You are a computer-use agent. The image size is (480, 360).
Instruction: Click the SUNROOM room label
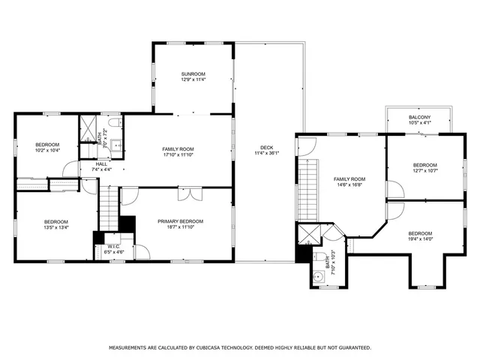click(193, 73)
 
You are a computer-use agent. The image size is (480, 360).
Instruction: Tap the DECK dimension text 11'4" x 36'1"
click(267, 153)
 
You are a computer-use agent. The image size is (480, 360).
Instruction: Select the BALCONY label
click(419, 118)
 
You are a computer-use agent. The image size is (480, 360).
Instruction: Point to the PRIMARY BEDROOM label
click(180, 221)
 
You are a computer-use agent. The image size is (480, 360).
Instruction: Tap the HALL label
click(101, 163)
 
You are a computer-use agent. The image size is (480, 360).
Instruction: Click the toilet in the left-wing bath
click(113, 121)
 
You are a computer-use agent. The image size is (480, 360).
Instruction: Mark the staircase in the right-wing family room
click(305, 190)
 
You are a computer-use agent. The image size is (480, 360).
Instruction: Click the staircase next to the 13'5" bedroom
click(110, 208)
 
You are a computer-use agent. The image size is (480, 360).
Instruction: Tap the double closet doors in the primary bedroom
click(187, 195)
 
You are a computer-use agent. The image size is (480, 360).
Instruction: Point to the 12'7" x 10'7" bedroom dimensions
click(424, 170)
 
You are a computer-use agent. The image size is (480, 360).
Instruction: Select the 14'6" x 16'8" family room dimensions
click(349, 184)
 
